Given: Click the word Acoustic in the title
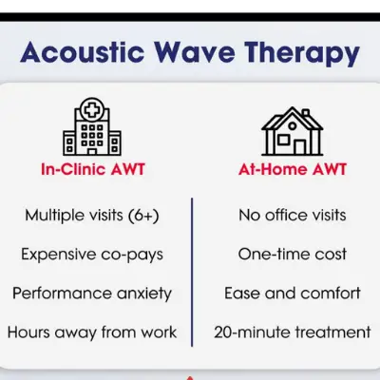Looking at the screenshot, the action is tap(83, 52).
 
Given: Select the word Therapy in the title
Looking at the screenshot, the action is tap(302, 54).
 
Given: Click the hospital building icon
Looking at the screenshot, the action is tap(92, 126).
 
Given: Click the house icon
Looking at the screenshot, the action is tap(293, 131).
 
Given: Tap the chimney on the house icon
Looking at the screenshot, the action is tap(306, 113).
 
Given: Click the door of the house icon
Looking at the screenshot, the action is tap(299, 147).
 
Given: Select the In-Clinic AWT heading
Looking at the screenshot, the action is tap(93, 169).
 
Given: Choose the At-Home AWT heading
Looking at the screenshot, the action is tap(293, 169).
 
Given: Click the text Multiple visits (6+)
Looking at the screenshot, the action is tap(92, 216).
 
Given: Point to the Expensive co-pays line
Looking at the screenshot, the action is tap(92, 256).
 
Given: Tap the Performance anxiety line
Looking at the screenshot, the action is tap(92, 294).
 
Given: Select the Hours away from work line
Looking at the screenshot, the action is tap(92, 332).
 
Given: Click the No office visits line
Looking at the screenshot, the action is tap(293, 216).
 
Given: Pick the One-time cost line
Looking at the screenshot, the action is tap(293, 255).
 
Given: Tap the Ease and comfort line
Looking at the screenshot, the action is tap(293, 294).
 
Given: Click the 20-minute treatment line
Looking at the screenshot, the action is tap(293, 332).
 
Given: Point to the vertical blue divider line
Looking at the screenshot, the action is tap(192, 273).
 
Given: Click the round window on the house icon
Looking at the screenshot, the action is tap(293, 126).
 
